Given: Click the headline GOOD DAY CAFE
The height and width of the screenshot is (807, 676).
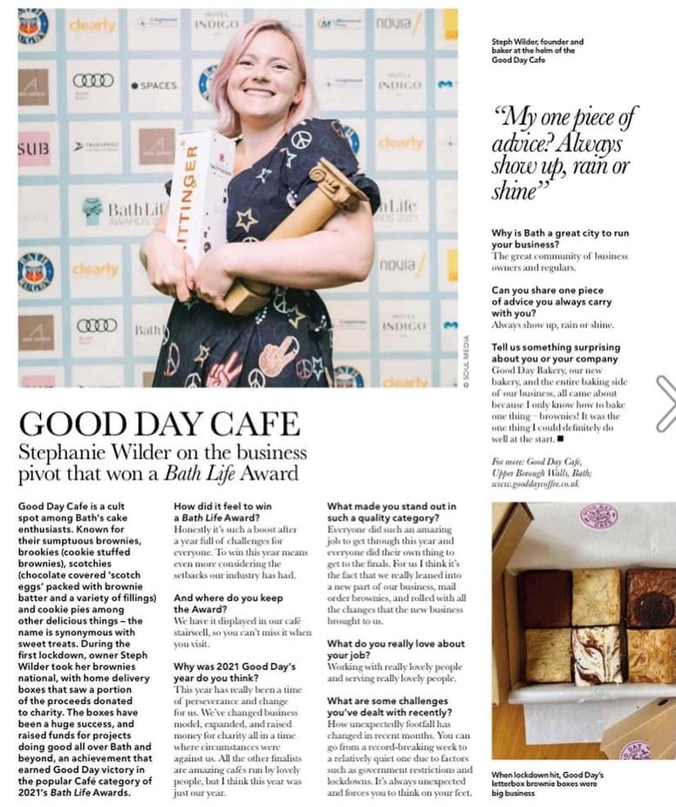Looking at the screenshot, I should point(159,423).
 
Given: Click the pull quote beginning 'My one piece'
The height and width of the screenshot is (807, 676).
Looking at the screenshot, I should point(564,153).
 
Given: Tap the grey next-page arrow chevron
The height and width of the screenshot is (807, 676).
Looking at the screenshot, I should point(666,403).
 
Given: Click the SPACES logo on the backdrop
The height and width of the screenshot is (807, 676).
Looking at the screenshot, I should point(154,85).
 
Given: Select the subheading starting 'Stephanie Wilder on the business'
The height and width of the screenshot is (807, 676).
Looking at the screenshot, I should point(162,462).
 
